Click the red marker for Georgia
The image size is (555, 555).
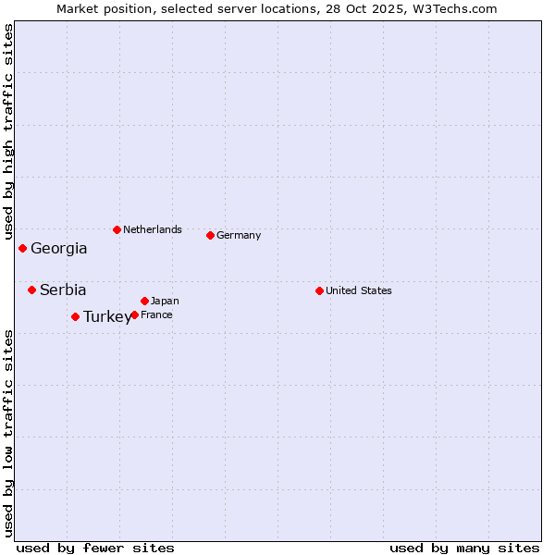(22, 248)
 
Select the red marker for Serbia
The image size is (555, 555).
(31, 290)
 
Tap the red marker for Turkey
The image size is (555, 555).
(75, 316)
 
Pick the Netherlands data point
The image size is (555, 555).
(117, 229)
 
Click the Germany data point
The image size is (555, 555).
(210, 235)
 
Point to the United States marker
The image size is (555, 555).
(319, 290)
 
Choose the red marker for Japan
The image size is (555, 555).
(144, 301)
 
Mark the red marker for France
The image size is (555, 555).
(134, 314)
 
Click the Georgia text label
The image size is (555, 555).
(59, 248)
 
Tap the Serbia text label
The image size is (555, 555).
(63, 290)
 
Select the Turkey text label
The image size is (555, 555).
(107, 316)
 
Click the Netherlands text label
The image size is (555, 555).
(153, 229)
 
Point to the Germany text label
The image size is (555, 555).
(239, 235)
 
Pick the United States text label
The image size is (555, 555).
(359, 290)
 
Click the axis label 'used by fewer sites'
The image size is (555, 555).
(95, 548)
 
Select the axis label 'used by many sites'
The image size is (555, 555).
(464, 548)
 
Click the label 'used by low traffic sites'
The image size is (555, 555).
(8, 432)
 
